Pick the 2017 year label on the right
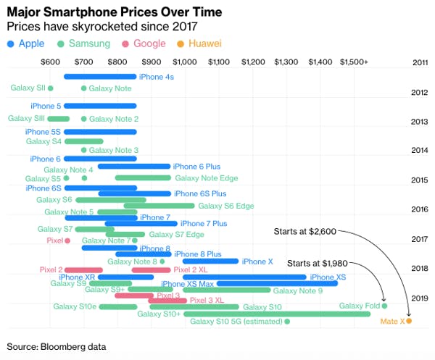click(x=418, y=238)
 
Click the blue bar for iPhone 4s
click(x=100, y=77)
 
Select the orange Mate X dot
click(x=409, y=320)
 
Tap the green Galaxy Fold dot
click(x=384, y=306)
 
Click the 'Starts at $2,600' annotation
click(x=304, y=232)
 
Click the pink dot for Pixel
click(x=67, y=240)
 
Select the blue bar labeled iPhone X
click(x=210, y=261)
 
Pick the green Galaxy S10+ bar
click(x=275, y=314)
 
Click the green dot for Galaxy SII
click(x=50, y=88)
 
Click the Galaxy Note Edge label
click(x=206, y=177)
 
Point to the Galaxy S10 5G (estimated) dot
click(x=287, y=321)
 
